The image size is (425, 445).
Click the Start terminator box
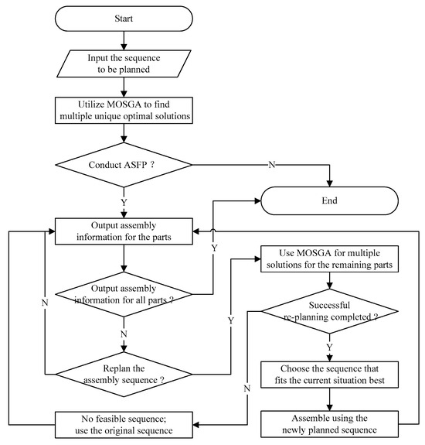[x=124, y=17]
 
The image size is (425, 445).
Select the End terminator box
[x=331, y=200]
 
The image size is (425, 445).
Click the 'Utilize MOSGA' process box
[x=124, y=110]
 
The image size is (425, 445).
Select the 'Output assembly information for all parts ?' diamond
[x=124, y=294]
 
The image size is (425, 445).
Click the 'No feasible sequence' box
[x=124, y=424]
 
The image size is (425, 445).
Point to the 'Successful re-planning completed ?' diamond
[x=331, y=312]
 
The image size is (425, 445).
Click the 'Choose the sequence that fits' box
[x=331, y=373]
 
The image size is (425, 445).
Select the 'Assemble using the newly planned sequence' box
[x=331, y=424]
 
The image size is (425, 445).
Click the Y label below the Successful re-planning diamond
[x=331, y=347]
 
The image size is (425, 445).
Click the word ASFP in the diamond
[x=138, y=163]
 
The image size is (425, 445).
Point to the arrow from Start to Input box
[x=124, y=39]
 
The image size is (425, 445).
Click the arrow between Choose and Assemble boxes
[x=331, y=399]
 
